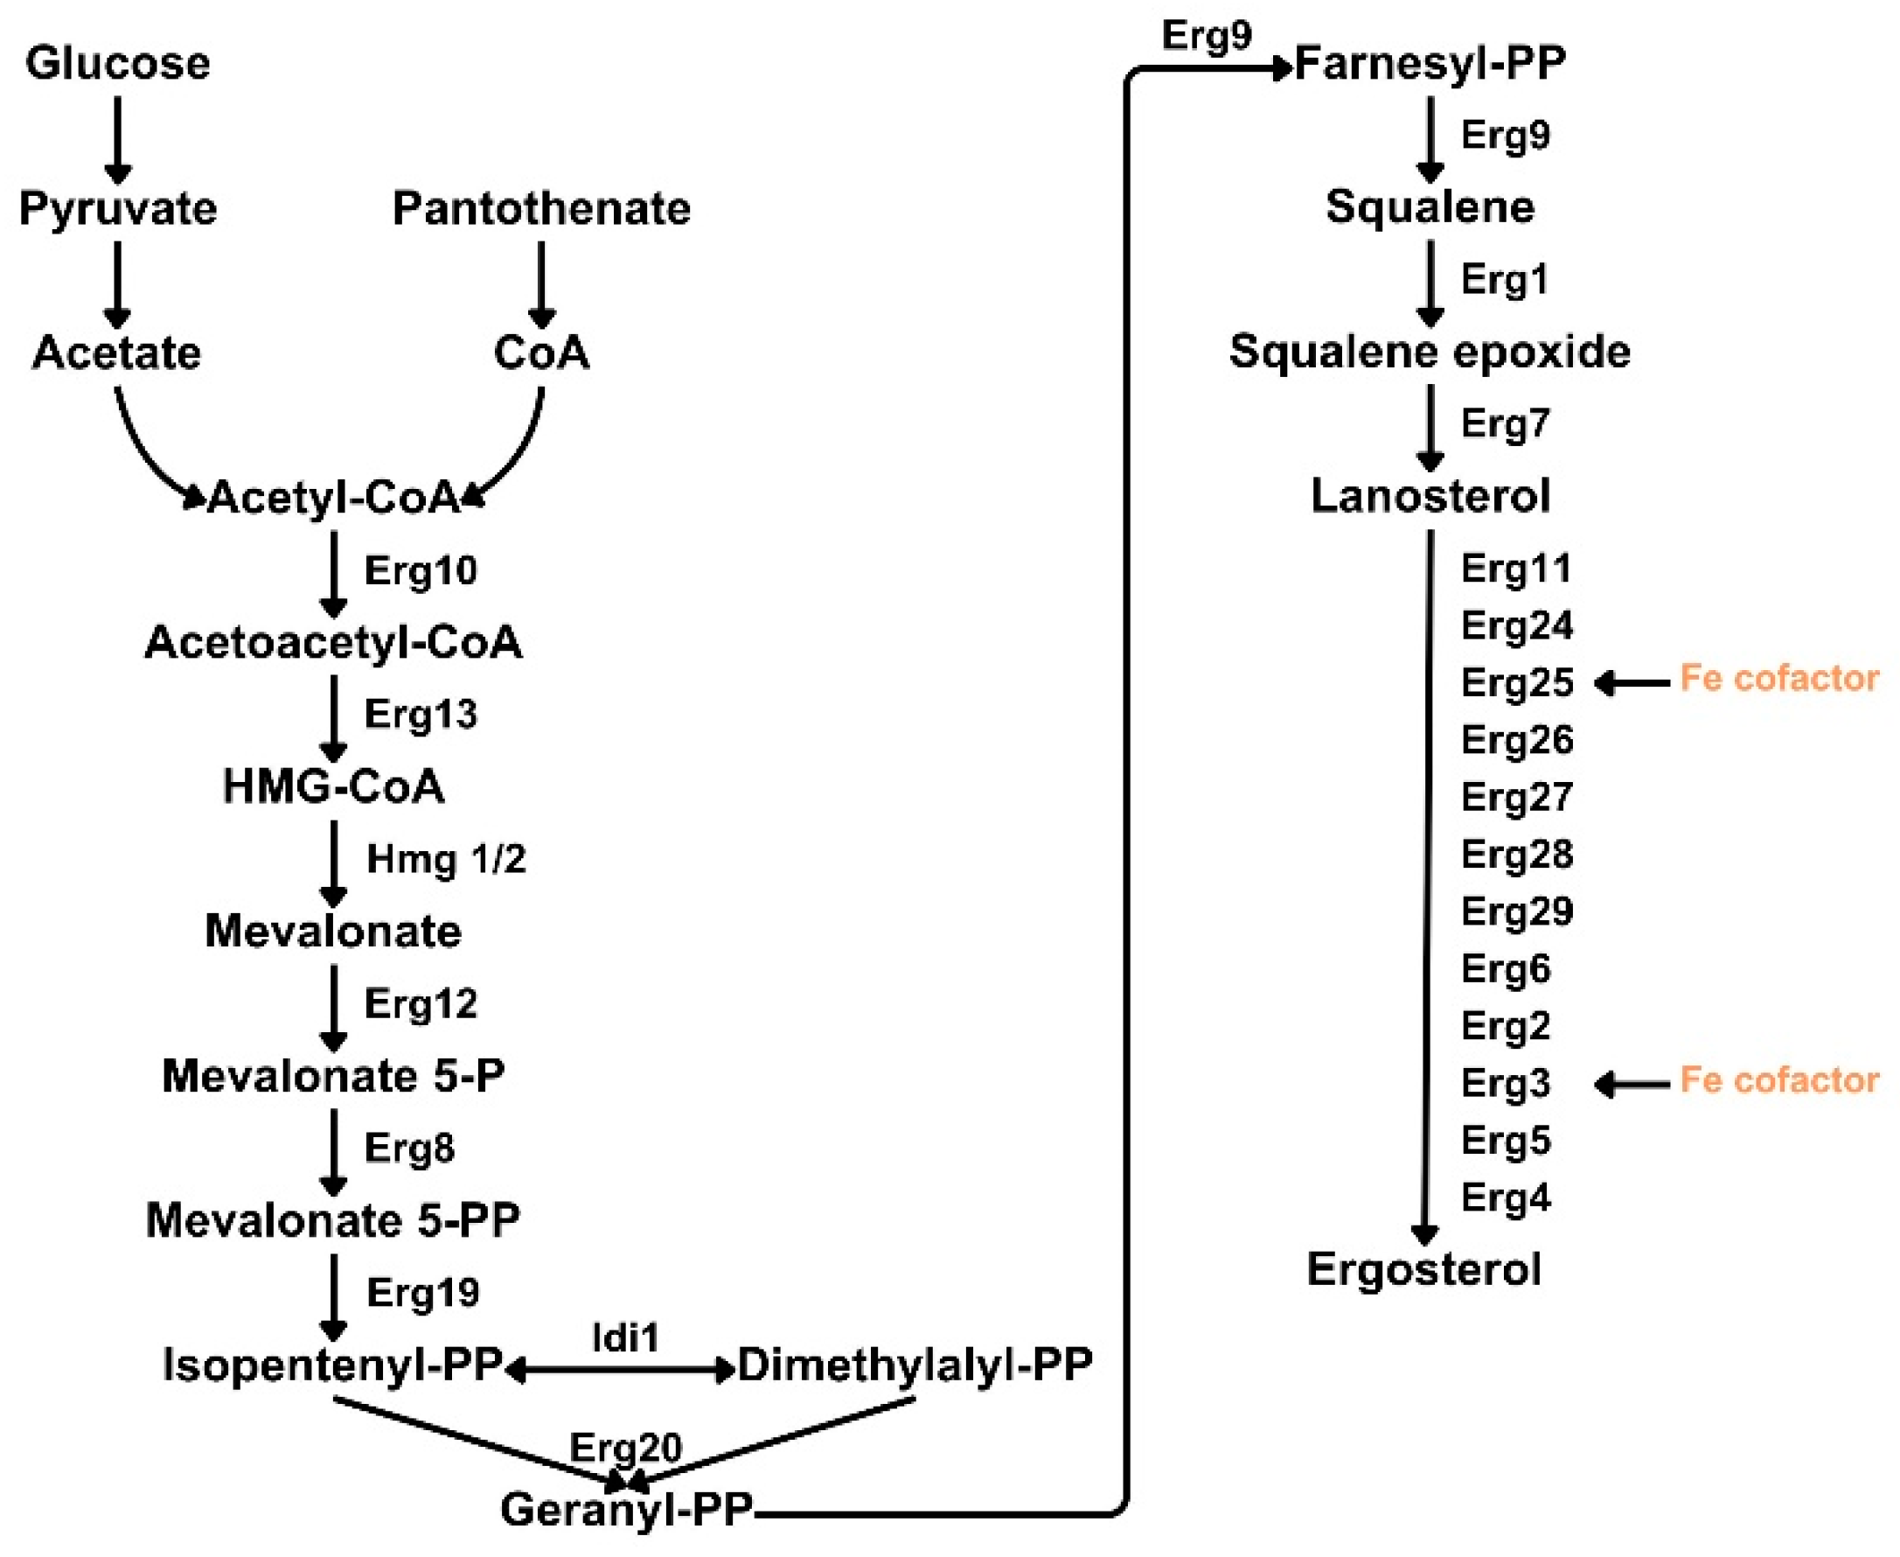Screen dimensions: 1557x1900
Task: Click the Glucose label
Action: coord(117,63)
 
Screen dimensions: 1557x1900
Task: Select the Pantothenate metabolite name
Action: coord(541,208)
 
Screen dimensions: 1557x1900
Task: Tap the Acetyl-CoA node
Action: coord(333,497)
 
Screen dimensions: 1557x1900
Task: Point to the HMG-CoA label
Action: coord(333,786)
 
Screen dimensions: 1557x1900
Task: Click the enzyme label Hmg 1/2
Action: coord(446,859)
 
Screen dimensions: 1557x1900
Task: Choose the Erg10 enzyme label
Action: coord(421,570)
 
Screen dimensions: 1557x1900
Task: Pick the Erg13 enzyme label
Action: coord(421,715)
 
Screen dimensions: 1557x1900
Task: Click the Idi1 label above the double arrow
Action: coord(625,1338)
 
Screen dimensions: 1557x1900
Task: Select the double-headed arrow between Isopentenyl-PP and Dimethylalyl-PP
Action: coord(621,1370)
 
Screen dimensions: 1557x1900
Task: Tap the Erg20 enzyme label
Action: coord(625,1448)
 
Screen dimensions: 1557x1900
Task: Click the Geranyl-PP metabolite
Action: coord(626,1509)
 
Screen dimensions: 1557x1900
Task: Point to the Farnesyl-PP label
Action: coord(1430,64)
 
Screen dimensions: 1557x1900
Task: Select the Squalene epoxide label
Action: coord(1430,352)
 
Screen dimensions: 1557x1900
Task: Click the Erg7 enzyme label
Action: coord(1505,423)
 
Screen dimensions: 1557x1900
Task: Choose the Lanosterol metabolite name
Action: coord(1430,496)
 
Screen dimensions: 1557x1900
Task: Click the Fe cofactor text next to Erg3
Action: coord(1779,1080)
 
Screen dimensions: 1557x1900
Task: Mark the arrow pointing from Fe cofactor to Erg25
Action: coord(1632,683)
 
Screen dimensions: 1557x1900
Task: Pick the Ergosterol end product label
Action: coord(1423,1269)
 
